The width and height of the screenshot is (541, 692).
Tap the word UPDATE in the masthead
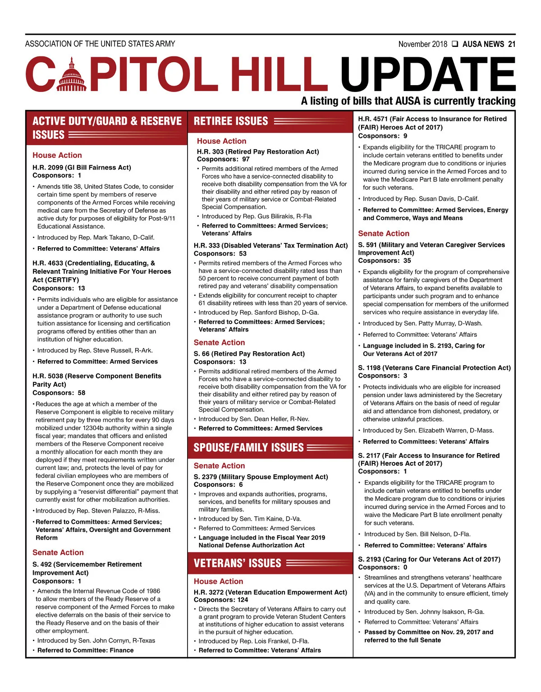(428, 75)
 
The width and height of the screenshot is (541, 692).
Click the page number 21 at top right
(511, 44)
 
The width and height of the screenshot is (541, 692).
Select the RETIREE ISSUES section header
(231, 121)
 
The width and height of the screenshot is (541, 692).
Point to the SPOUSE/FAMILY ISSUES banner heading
(248, 448)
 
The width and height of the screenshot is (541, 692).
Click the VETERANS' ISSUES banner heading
(237, 563)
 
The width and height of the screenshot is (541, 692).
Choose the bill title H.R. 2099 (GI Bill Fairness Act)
(82, 167)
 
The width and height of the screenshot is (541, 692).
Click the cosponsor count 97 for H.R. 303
(246, 159)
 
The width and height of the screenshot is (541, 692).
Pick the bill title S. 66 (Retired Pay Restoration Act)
(249, 353)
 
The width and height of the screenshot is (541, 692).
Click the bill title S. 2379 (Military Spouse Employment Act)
(261, 477)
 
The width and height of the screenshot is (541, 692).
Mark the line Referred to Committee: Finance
(85, 650)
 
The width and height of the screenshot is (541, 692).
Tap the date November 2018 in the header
(422, 44)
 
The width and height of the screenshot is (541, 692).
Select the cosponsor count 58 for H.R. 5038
(81, 393)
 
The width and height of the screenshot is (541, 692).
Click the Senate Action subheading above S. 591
(384, 234)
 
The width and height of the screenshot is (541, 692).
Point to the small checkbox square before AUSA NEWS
(455, 44)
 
